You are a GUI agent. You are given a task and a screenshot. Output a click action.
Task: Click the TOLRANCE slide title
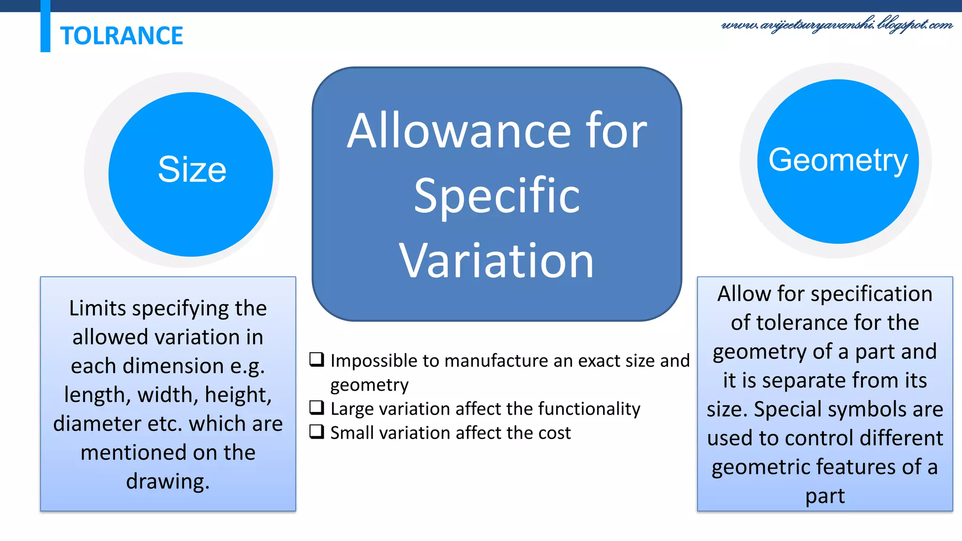tap(121, 36)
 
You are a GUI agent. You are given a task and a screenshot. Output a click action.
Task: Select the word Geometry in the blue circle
tap(838, 160)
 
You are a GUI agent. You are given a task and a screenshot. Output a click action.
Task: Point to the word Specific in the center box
tap(497, 196)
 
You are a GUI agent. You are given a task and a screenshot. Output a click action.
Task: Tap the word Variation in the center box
tap(497, 261)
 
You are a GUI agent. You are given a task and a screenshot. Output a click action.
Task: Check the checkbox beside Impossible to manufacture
tap(317, 360)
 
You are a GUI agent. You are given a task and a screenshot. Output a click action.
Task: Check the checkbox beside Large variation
tap(317, 408)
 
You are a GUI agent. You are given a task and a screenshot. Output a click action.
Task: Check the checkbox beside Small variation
tap(317, 432)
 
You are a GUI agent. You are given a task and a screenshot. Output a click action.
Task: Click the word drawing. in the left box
tap(168, 482)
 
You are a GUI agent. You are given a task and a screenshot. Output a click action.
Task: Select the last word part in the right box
tap(825, 496)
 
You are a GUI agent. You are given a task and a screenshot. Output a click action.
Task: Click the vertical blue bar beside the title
tap(45, 26)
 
